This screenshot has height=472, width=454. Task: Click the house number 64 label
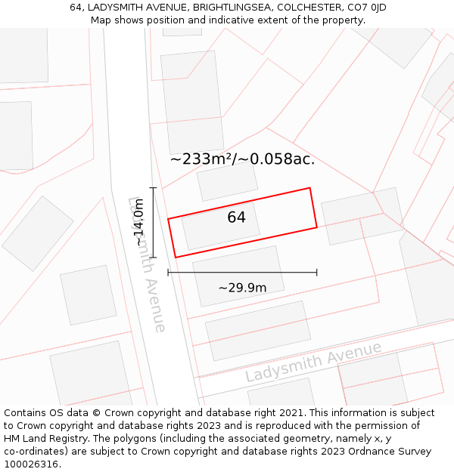click(236, 217)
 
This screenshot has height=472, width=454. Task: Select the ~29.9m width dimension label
click(242, 288)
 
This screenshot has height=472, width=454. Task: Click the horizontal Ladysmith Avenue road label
click(313, 362)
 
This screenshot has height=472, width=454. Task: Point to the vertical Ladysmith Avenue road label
click(147, 264)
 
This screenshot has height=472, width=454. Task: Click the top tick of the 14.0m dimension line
click(154, 188)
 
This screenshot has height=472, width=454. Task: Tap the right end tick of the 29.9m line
click(316, 273)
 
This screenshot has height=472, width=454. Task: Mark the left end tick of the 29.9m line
click(168, 273)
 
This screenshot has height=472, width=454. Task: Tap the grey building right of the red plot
click(362, 216)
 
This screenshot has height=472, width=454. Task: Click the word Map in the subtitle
click(101, 20)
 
